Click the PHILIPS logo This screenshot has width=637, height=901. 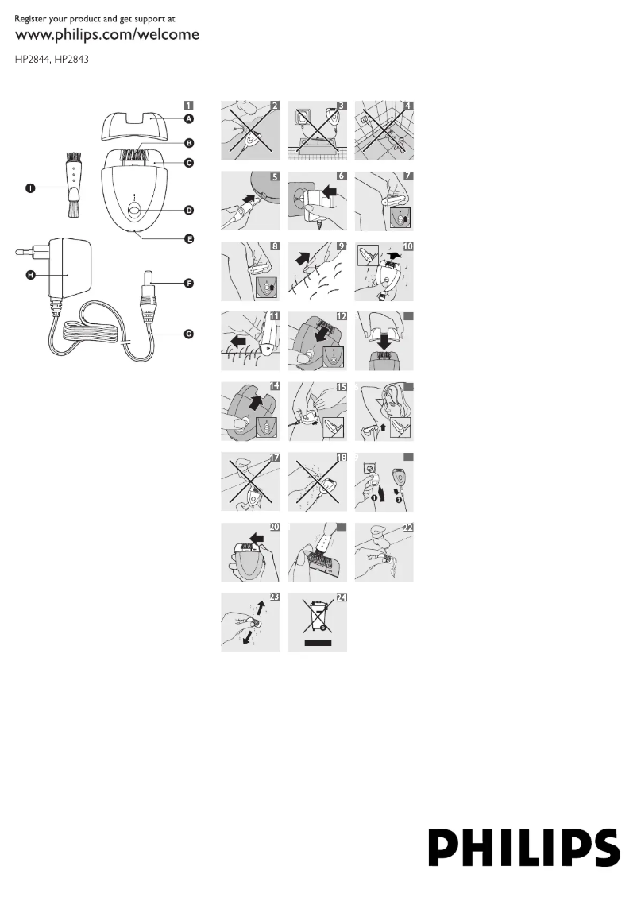click(524, 848)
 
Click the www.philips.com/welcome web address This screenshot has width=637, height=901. click(107, 34)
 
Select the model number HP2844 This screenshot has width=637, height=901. click(32, 59)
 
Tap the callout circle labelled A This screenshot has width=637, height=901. click(188, 119)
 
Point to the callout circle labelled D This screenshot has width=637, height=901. click(188, 211)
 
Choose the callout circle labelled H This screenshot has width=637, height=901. click(30, 275)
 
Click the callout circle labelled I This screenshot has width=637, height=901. click(30, 188)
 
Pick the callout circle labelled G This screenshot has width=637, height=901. click(188, 334)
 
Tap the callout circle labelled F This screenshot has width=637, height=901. click(188, 284)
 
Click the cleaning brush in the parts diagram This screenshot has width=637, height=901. click(72, 184)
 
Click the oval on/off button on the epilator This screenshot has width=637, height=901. click(133, 211)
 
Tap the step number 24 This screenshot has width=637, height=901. click(342, 597)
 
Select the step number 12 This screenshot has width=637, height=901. click(342, 316)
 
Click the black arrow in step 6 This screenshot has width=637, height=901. click(331, 191)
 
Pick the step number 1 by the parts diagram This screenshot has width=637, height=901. click(188, 106)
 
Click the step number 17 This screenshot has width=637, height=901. click(275, 458)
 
